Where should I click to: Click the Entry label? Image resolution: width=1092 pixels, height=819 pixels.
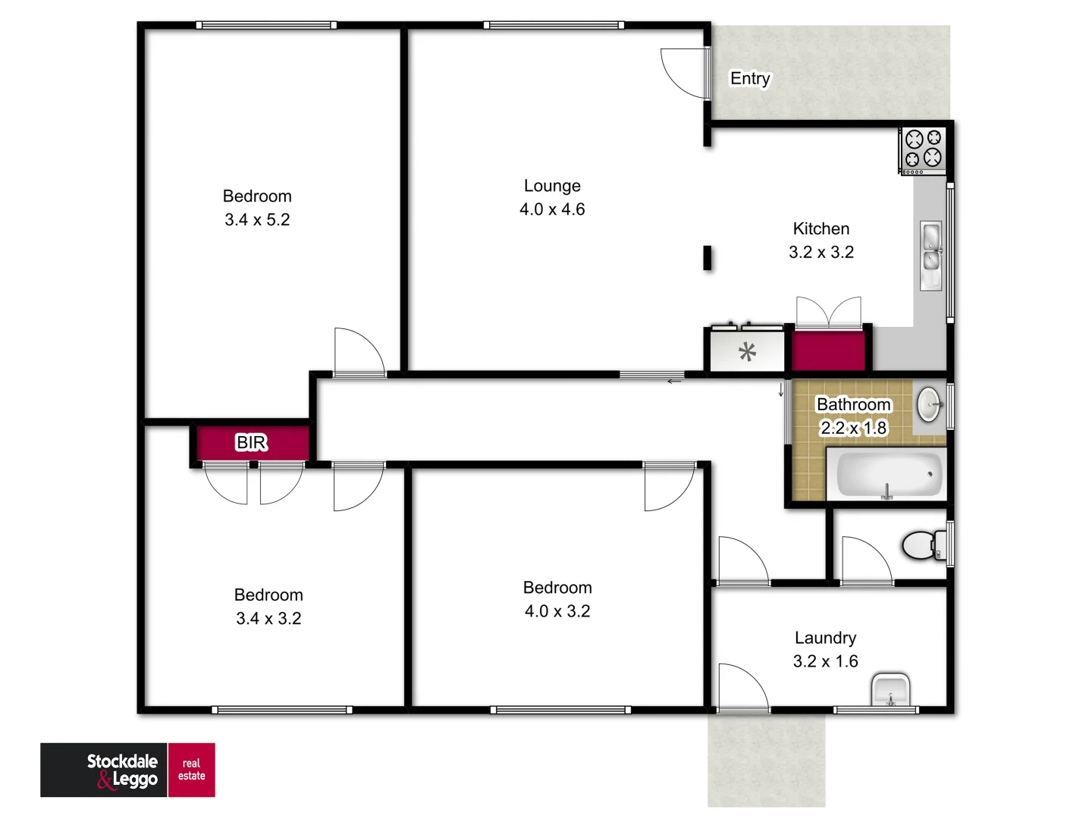pos(750,78)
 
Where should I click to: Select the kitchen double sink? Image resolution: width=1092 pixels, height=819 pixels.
pos(930,256)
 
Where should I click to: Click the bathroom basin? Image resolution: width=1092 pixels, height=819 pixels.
pos(929,404)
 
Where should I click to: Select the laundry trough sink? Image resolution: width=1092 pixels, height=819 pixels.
pos(890,689)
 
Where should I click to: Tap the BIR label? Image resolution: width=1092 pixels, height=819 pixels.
pos(252,442)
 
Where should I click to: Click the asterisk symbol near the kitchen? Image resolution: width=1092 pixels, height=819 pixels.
pos(747,352)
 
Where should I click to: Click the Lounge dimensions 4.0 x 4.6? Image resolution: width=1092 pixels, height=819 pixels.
pos(552,209)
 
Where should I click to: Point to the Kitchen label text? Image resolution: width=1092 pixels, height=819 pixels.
pos(821,228)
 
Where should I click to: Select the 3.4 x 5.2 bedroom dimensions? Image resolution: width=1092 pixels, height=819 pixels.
pos(257,220)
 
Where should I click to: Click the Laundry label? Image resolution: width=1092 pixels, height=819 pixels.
pos(825,638)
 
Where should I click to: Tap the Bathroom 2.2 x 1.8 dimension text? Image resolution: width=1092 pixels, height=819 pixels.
pos(853,428)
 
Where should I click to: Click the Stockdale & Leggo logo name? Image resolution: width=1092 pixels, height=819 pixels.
pos(122,770)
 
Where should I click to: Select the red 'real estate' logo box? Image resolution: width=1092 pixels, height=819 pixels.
pos(191,770)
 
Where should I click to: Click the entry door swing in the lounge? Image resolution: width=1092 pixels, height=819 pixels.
pos(685,73)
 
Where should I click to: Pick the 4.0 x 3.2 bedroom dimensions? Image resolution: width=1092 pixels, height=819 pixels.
pos(557,611)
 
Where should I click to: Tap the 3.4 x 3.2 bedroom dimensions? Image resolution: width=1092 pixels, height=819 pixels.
pos(268,619)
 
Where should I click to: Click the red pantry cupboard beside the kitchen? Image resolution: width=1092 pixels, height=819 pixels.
pos(828,350)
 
